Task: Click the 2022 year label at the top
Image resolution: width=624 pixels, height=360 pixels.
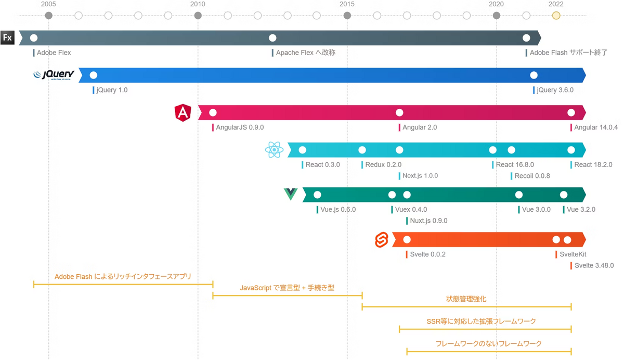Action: [556, 4]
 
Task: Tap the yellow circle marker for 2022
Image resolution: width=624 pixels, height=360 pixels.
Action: [556, 16]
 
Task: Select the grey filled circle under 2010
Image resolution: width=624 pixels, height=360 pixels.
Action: [198, 16]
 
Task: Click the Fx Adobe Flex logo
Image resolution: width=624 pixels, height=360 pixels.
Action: [7, 37]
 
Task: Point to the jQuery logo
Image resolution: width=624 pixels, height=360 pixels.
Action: [54, 75]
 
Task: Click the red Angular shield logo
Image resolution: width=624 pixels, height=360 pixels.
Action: [183, 112]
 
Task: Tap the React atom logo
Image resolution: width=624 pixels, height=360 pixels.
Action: [275, 150]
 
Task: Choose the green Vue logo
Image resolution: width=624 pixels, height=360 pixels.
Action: [291, 194]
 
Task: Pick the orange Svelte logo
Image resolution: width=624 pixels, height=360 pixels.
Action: [382, 240]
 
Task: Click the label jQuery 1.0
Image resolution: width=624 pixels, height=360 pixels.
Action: [112, 90]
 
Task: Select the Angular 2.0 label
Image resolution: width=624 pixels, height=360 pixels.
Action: [420, 127]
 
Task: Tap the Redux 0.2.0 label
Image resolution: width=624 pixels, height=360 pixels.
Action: [383, 165]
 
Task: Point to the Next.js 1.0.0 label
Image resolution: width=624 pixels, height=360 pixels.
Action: [420, 176]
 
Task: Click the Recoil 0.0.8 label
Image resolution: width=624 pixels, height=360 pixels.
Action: [532, 176]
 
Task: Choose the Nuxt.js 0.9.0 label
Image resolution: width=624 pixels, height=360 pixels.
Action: [428, 221]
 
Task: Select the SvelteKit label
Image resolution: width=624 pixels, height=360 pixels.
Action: [573, 254]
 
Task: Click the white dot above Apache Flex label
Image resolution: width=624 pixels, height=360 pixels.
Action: [272, 38]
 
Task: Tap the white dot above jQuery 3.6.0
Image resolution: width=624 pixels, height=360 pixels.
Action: [534, 75]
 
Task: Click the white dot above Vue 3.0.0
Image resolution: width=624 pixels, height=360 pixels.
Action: [519, 195]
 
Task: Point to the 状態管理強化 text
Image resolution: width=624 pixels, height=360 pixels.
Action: [466, 299]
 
